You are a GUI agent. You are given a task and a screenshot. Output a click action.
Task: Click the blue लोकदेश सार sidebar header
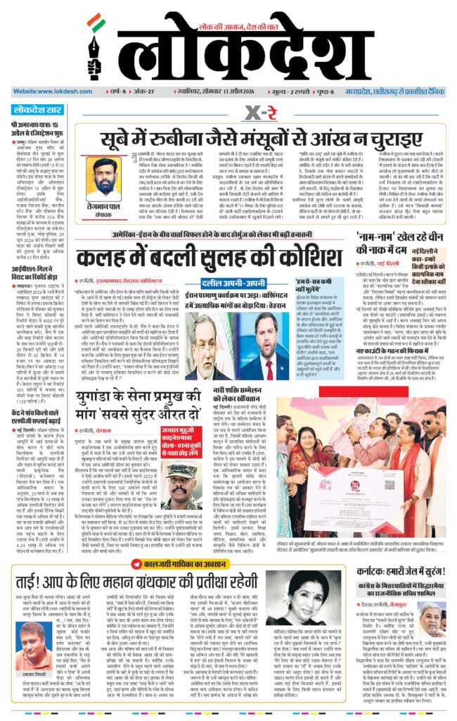pos(38,110)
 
